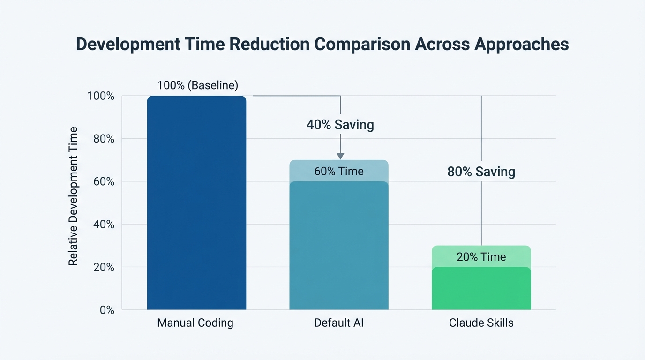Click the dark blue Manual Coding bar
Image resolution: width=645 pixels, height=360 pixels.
pyautogui.click(x=196, y=202)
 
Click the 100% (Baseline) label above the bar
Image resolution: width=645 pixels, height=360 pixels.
pyautogui.click(x=197, y=85)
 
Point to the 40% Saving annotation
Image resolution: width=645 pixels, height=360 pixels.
pyautogui.click(x=340, y=125)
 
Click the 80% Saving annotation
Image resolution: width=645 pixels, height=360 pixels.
pyautogui.click(x=481, y=172)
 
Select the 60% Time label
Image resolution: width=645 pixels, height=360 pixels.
pyautogui.click(x=338, y=171)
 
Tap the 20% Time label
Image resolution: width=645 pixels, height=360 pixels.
pyautogui.click(x=481, y=257)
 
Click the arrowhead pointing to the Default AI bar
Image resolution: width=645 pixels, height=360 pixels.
pyautogui.click(x=340, y=156)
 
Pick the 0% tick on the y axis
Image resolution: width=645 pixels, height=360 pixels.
pyautogui.click(x=105, y=310)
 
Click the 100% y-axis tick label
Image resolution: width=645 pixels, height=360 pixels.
pyautogui.click(x=100, y=96)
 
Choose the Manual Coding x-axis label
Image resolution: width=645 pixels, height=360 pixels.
pyautogui.click(x=195, y=323)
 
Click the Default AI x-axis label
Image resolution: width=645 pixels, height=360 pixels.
pyautogui.click(x=338, y=323)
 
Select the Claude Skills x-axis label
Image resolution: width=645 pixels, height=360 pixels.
pyautogui.click(x=481, y=323)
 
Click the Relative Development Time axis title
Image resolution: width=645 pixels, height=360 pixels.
pyautogui.click(x=73, y=196)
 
